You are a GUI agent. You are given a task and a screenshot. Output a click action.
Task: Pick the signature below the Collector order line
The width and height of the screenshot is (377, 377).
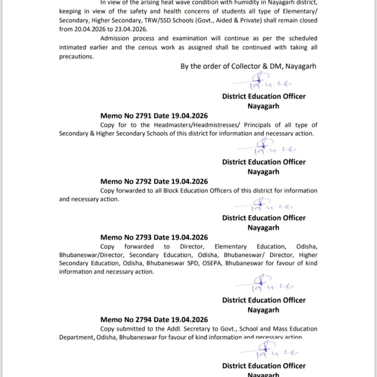tap(265, 81)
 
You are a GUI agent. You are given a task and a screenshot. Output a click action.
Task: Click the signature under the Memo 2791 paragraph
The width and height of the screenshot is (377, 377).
tap(265, 147)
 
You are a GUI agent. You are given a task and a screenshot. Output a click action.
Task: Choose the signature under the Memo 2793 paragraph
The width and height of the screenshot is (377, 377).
tap(265, 285)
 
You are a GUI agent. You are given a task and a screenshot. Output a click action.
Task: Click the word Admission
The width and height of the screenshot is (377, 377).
tap(116, 39)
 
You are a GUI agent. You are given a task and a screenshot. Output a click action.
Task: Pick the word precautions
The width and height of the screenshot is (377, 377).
tap(76, 57)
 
